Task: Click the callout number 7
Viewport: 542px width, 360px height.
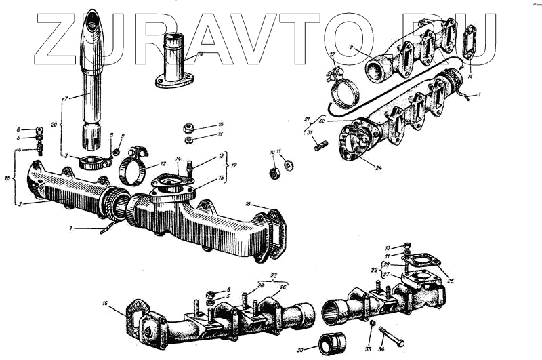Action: tap(65, 100)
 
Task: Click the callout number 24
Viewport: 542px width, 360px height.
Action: tap(378, 167)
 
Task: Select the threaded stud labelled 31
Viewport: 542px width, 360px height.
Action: tap(321, 145)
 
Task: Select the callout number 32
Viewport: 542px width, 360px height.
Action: tap(322, 120)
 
